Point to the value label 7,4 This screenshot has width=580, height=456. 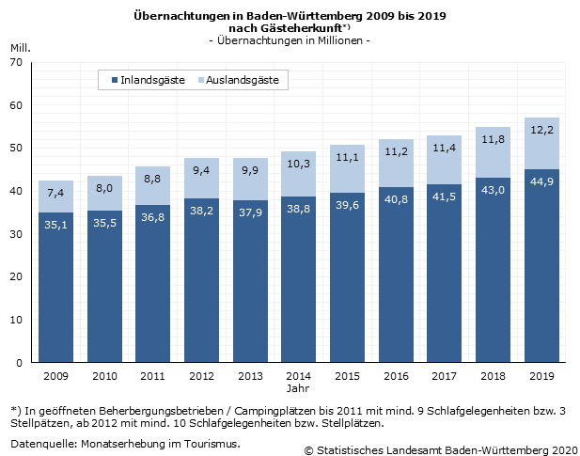[x=55, y=194]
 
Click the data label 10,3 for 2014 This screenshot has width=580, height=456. [x=298, y=164]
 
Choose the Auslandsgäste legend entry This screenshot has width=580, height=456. [x=241, y=81]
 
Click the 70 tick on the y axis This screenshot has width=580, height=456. [x=15, y=62]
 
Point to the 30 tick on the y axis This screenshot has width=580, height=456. [x=15, y=234]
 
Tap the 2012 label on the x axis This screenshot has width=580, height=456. [x=201, y=376]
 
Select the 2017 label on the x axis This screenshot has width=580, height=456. [x=444, y=376]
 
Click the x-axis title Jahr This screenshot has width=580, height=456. [x=298, y=387]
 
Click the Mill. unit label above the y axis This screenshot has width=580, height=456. [x=20, y=47]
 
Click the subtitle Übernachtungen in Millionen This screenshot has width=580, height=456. [x=290, y=41]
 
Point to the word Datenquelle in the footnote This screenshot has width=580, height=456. [x=43, y=443]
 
